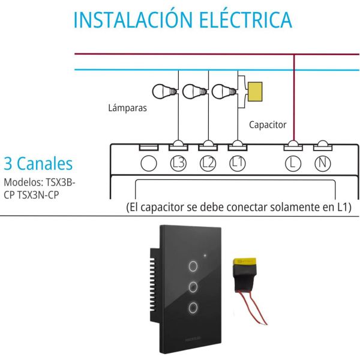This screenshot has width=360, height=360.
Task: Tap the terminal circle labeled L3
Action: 178,163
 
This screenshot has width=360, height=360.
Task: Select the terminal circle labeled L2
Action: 208,163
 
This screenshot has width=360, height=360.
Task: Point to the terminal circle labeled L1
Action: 237,163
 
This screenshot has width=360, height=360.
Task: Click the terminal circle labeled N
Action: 322,163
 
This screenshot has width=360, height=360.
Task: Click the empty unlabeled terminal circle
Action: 148,163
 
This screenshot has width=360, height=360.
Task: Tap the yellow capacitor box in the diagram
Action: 257,92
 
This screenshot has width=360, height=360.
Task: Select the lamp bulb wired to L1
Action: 224,92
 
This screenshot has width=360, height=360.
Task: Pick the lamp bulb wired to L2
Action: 193,92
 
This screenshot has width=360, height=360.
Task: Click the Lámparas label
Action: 128,109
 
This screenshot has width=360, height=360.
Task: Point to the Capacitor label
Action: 268,125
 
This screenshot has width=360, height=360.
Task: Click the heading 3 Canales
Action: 38,164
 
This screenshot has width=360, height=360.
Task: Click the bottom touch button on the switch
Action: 193,308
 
